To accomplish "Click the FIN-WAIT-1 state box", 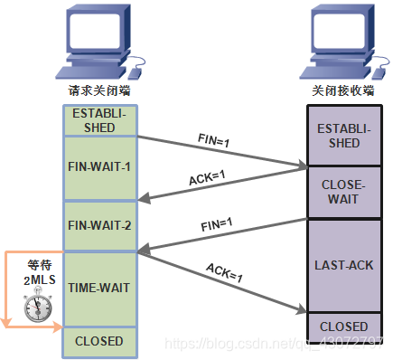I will coord(98,167).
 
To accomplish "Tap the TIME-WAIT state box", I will coord(98,288).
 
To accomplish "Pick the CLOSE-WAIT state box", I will coord(344,191).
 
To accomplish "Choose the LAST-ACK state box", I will coord(344,266).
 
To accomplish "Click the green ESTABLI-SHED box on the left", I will coord(98,120).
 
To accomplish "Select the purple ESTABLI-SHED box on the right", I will coord(344,137).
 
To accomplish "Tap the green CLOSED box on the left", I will coord(98,341).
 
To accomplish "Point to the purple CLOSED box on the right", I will coord(344,326).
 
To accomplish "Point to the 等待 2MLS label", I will coord(40,272).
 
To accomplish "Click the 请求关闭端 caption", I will coord(99,91).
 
